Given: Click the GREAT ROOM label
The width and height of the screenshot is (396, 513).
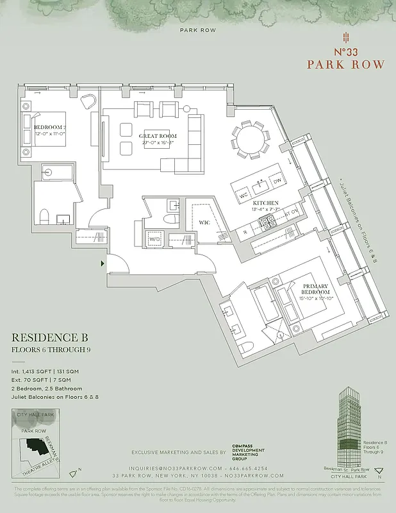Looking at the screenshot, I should click(x=158, y=137).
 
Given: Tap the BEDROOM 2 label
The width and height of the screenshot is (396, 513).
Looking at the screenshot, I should click(x=51, y=128).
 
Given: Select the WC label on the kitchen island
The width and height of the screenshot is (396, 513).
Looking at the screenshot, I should click(x=243, y=194).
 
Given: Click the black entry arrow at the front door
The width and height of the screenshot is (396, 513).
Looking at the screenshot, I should click(x=103, y=263).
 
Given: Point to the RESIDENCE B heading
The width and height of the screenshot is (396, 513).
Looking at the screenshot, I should click(x=49, y=337).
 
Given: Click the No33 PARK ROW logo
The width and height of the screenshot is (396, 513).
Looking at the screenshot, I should click(x=345, y=54).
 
